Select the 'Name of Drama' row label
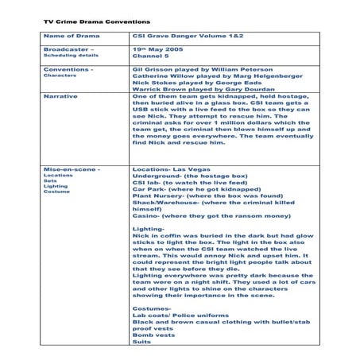pyautogui.click(x=71, y=37)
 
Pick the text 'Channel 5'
pyautogui.click(x=151, y=58)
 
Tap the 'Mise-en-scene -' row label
pyautogui.click(x=72, y=169)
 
